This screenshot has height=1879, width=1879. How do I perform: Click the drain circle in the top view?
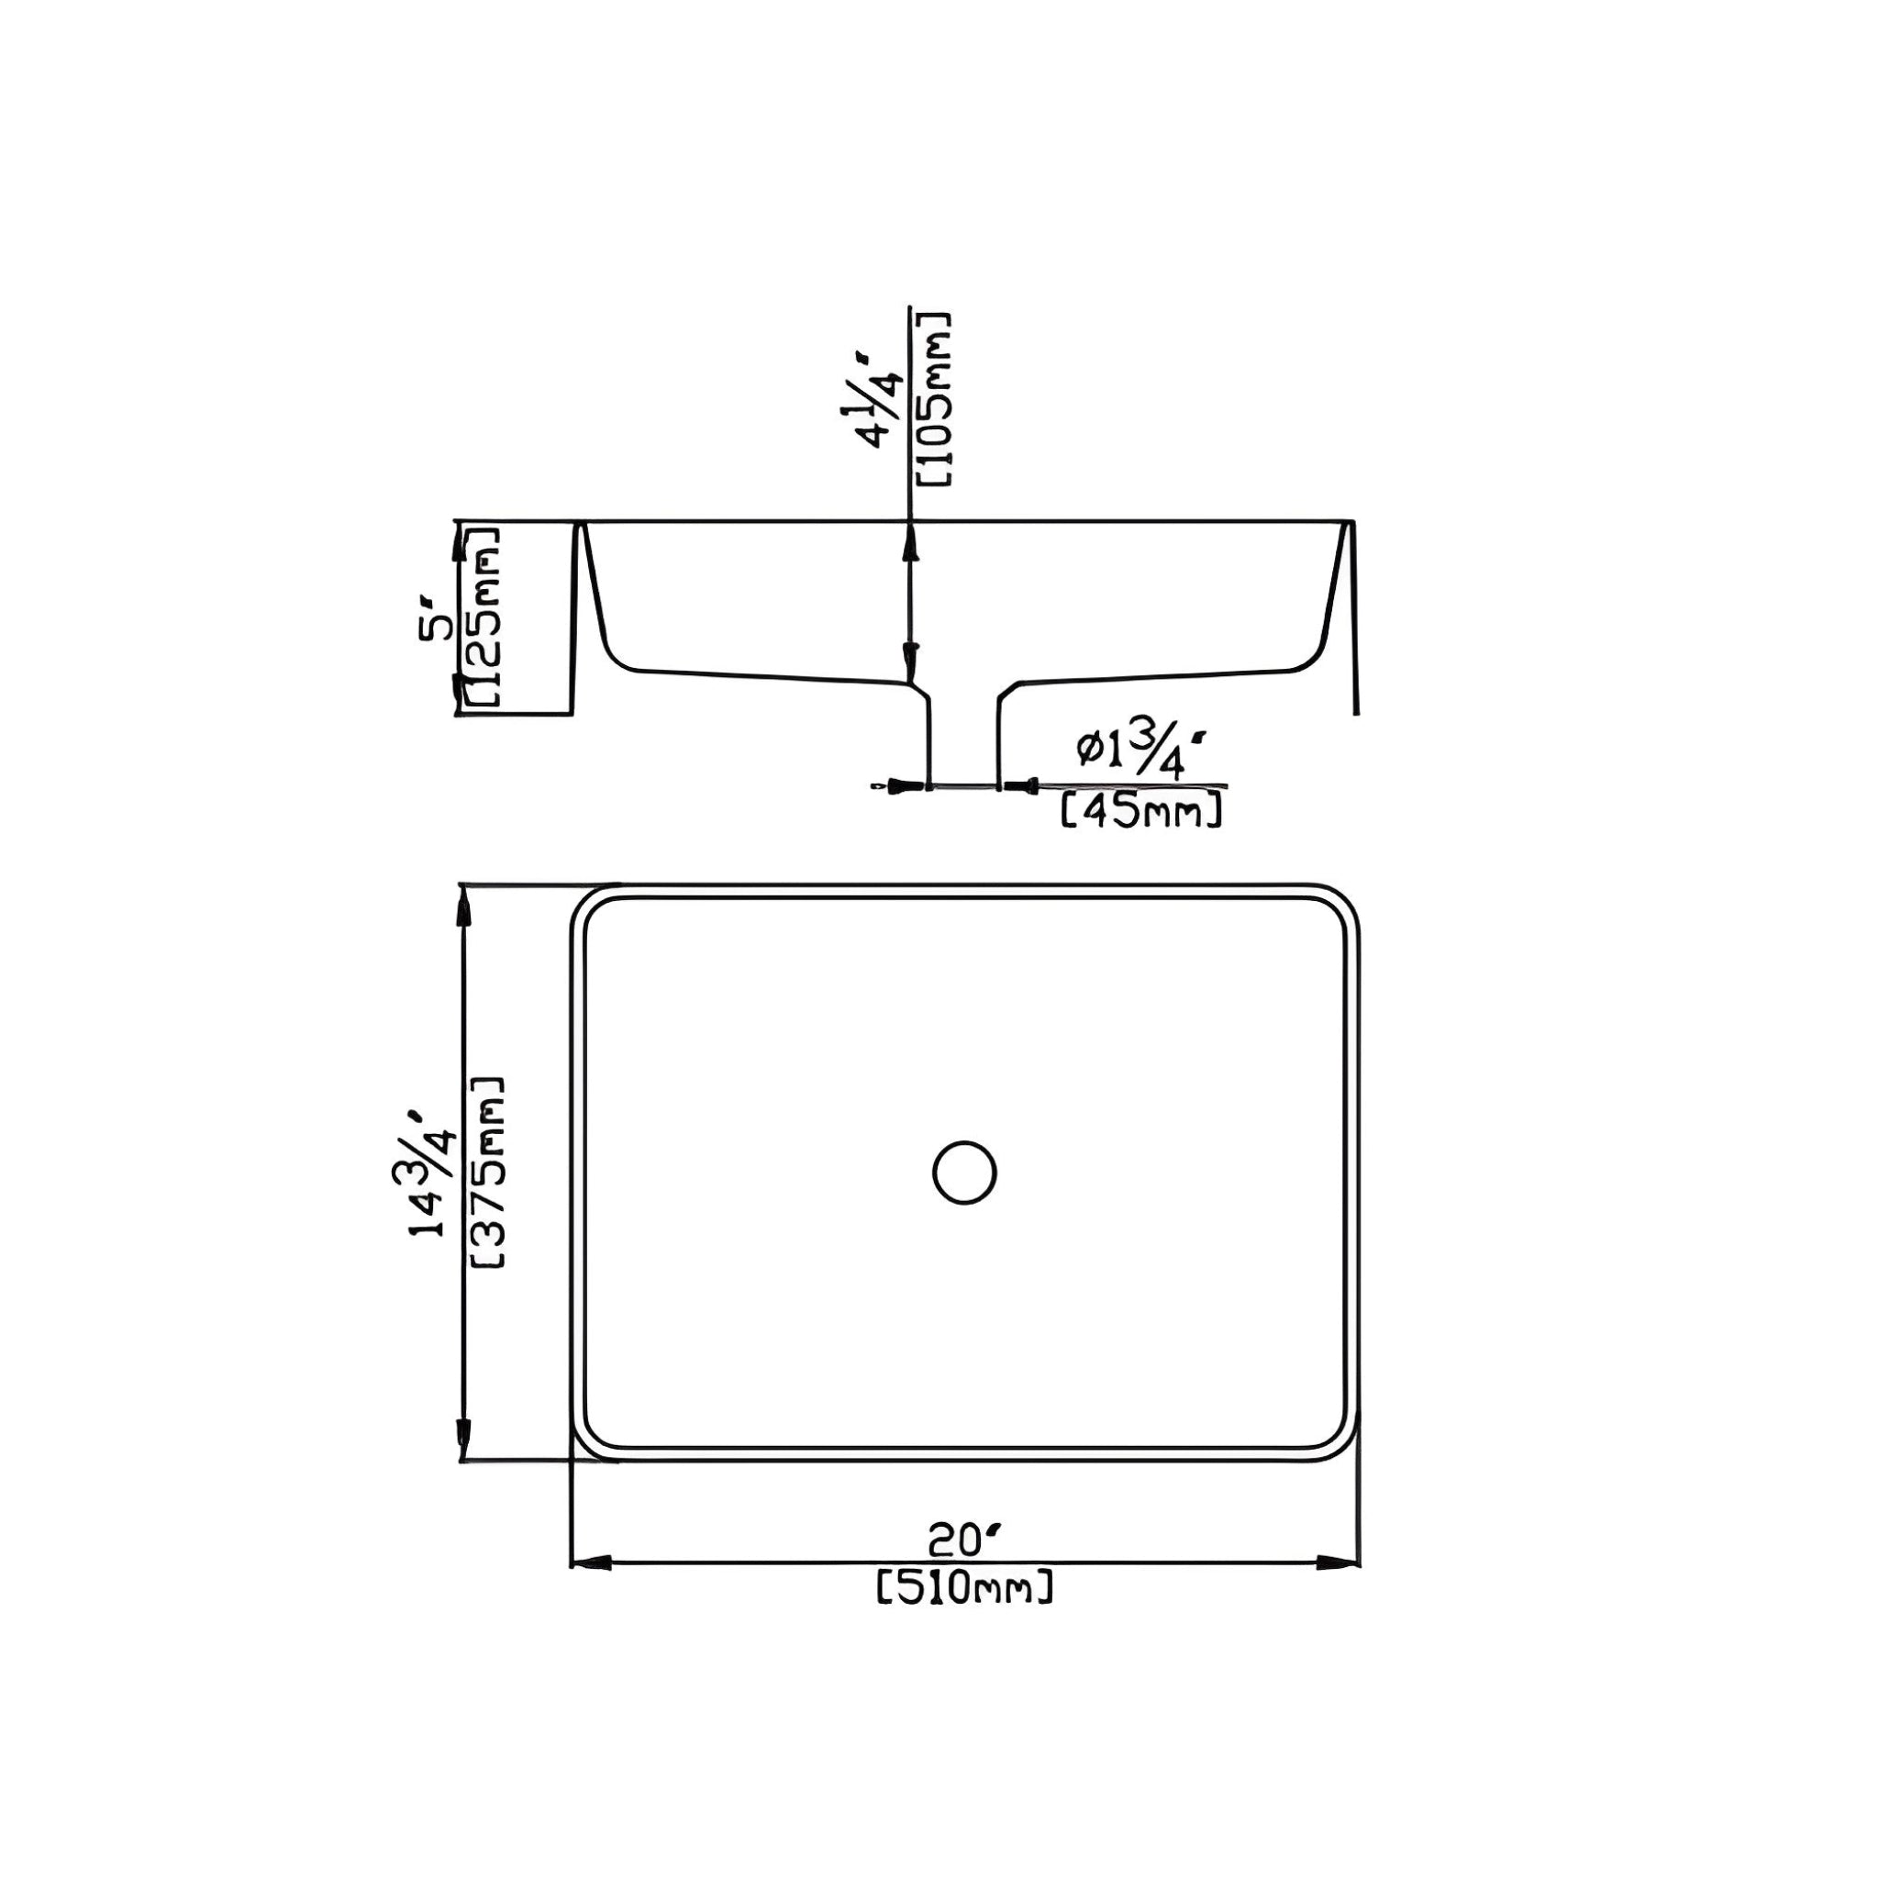(964, 1173)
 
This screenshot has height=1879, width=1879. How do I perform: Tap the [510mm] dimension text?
(964, 1589)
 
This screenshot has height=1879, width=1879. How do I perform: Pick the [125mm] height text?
(484, 617)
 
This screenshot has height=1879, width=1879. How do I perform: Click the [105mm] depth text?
(933, 399)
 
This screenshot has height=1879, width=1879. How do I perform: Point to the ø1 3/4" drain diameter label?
(1145, 750)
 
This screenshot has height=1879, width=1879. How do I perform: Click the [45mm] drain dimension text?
(1140, 810)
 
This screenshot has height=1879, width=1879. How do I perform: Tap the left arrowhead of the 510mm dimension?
(588, 1564)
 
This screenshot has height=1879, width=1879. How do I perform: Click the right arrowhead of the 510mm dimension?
(1340, 1564)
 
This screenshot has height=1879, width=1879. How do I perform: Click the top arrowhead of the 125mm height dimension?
(459, 543)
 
